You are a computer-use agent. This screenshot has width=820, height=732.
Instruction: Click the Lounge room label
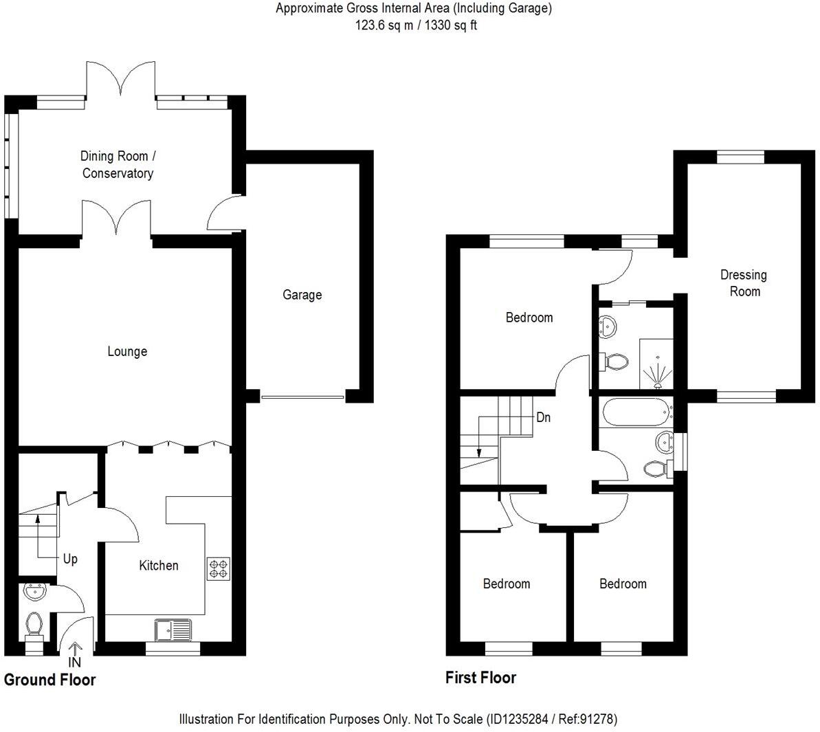pos(127,351)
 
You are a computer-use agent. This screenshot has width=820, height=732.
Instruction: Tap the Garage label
pos(302,295)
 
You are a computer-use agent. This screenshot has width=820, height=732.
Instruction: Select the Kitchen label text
pos(159,565)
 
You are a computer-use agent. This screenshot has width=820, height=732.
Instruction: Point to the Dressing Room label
pos(744,282)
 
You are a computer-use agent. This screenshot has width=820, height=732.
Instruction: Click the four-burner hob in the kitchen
pos(219,568)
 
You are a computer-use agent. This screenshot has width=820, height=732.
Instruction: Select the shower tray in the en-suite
pos(656,370)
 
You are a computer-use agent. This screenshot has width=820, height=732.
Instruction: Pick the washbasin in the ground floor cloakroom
pos(33,591)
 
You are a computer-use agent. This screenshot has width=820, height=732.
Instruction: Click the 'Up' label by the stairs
pos(70,559)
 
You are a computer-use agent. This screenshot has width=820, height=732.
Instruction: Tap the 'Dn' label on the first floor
pos(543,417)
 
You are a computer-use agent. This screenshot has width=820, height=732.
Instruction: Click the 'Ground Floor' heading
pos(49,680)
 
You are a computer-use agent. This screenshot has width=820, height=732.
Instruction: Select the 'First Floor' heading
pos(480,678)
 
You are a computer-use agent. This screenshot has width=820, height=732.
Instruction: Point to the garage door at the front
pos(302,397)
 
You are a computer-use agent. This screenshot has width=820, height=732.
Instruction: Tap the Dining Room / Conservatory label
pos(118,165)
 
